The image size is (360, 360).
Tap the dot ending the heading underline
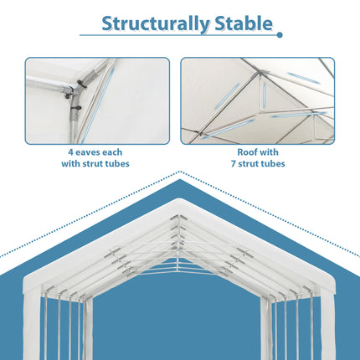[x=280, y=35]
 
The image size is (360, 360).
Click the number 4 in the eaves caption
[x=70, y=152]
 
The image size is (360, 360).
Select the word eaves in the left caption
[x=89, y=152]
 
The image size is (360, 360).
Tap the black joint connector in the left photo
[x=80, y=87]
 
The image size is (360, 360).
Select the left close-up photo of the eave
[x=97, y=100]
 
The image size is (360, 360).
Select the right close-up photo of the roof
[x=257, y=100]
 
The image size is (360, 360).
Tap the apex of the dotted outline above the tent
[x=180, y=172]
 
